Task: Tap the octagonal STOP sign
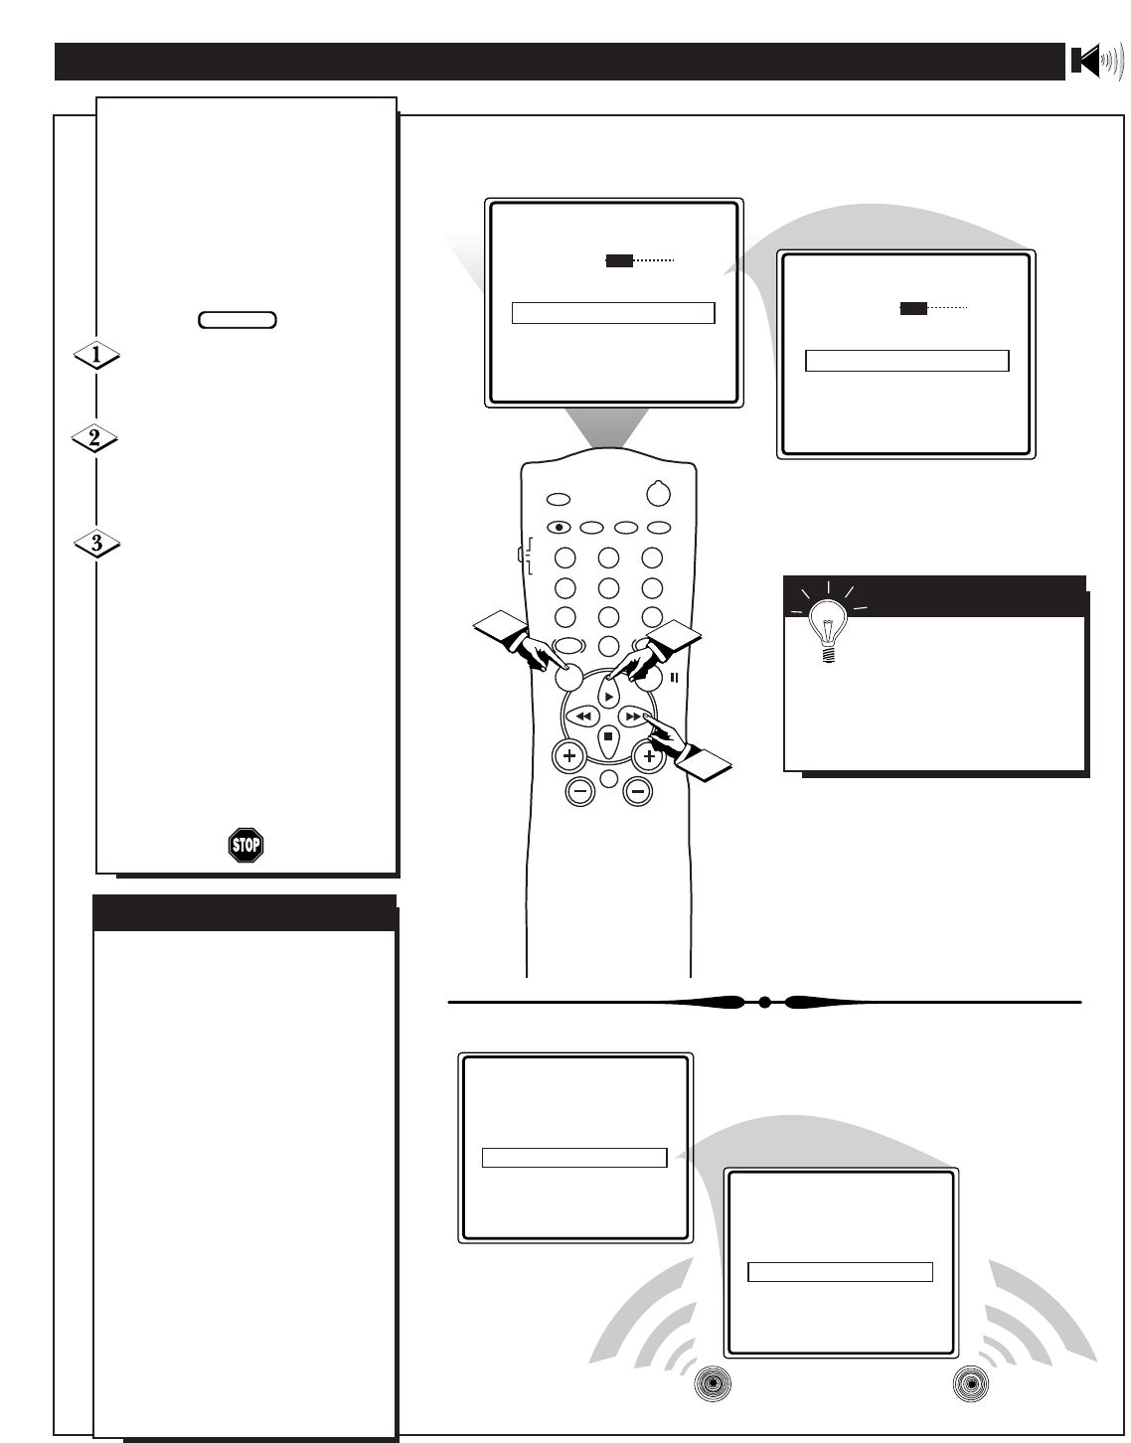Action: [245, 846]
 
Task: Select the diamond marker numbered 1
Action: [96, 355]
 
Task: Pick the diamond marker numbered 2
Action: [95, 438]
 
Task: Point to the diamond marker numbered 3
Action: [96, 544]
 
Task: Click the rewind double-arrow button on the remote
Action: [583, 716]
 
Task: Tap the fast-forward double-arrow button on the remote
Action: [632, 716]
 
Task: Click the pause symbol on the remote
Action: [675, 678]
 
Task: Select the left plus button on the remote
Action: [568, 757]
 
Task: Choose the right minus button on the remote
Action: [637, 792]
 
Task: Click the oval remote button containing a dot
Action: [559, 528]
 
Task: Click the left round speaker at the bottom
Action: [713, 1384]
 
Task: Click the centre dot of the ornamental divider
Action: [764, 1003]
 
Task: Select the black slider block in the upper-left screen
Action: [619, 260]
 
